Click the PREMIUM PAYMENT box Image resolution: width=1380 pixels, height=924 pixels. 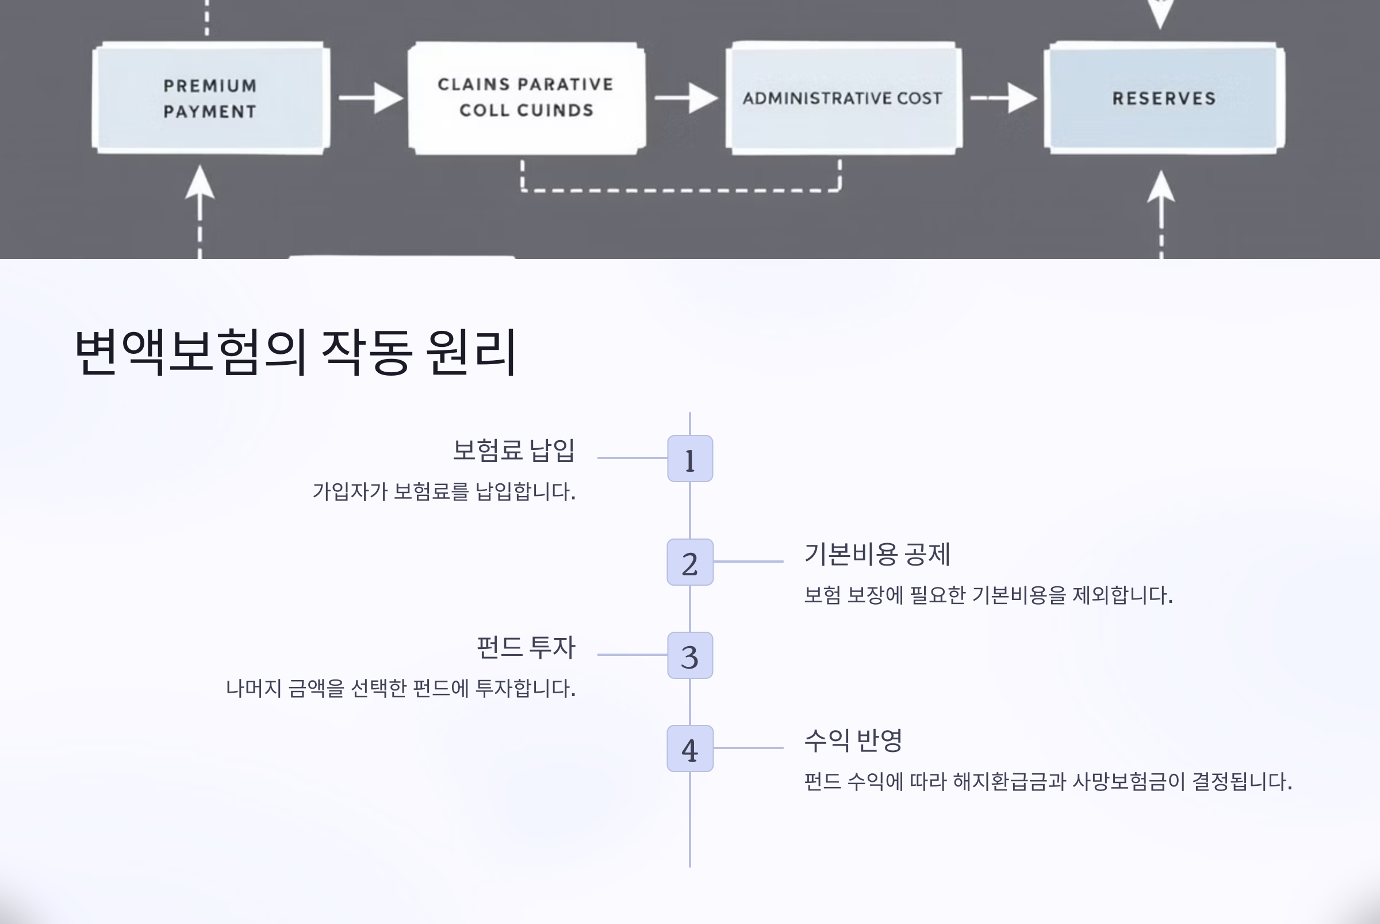210,98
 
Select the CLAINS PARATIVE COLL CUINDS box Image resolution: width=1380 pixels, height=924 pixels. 526,98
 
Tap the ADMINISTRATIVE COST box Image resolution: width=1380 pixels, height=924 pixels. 843,98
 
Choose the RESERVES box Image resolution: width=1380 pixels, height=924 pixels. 1164,98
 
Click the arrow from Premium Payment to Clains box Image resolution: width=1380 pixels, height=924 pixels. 371,98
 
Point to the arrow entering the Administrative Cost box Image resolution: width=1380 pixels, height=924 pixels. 686,98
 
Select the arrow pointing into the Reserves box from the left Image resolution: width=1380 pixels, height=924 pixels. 1003,98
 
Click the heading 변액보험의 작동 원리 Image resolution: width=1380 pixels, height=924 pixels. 296,352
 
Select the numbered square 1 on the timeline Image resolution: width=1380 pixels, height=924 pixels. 689,459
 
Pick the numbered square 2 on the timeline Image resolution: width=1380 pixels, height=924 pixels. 689,562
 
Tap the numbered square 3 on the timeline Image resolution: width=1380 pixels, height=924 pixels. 689,655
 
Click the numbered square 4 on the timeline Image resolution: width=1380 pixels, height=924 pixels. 689,749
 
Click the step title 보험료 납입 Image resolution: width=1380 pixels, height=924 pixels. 513,450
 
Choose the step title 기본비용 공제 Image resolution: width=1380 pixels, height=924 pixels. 877,554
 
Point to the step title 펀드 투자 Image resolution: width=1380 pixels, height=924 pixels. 526,647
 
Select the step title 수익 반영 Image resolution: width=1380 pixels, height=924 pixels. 853,740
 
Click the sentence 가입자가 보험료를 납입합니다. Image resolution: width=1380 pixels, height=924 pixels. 443,491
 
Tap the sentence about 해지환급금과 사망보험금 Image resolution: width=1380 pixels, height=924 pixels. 1048,782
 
